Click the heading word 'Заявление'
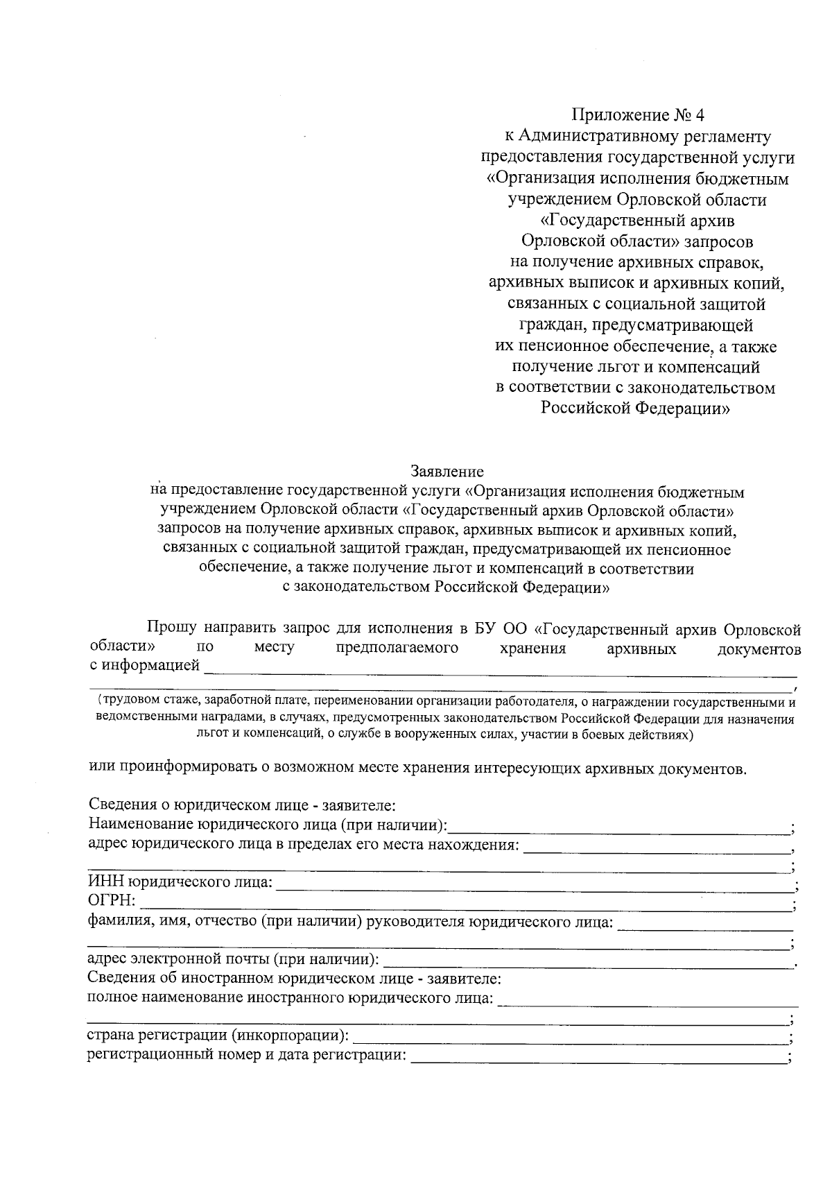447,472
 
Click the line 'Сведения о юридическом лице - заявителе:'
242,805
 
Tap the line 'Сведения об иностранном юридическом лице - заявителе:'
295,979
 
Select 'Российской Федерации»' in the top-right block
636,409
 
